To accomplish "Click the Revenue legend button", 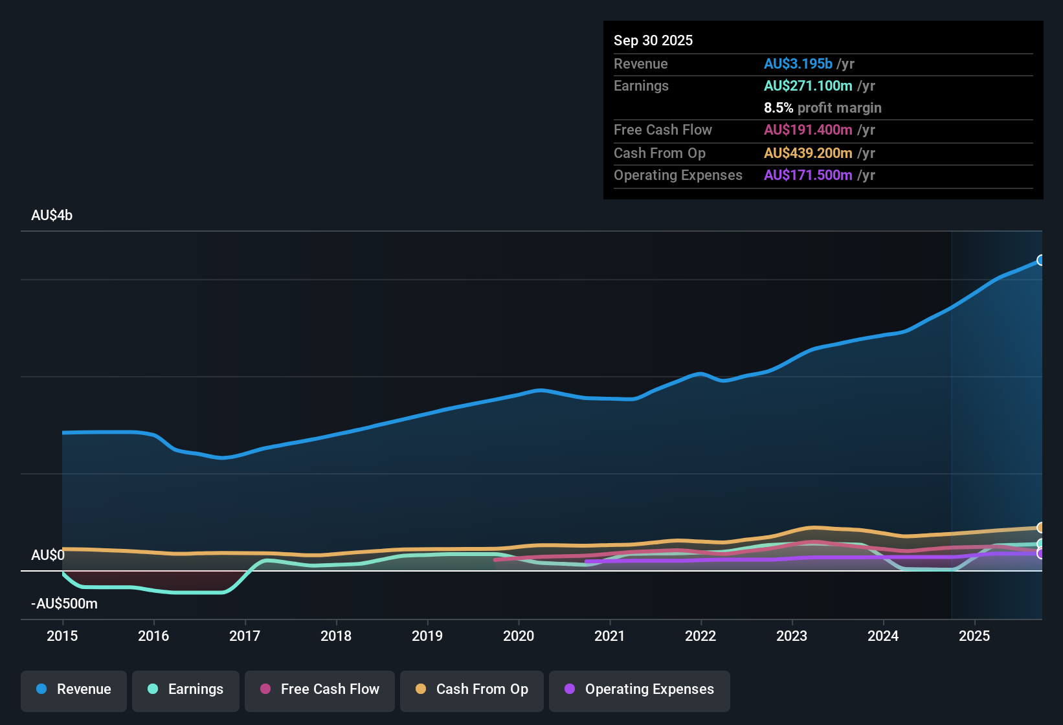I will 74,689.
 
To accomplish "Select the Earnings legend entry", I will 186,689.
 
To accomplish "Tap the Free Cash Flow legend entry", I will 320,689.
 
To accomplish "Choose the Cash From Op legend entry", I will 472,689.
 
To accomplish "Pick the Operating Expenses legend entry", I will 640,689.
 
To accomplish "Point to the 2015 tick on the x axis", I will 62,636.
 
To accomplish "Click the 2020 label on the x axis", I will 519,636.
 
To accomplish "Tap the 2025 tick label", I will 974,636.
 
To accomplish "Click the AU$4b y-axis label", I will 52,216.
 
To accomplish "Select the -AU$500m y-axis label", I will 64,604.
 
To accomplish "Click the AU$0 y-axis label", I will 48,555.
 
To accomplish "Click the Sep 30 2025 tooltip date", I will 653,40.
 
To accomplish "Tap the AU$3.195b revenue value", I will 798,63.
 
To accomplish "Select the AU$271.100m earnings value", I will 808,85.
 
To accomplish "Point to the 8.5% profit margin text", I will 822,108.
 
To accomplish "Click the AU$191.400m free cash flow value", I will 808,129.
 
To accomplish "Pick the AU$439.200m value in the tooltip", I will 808,153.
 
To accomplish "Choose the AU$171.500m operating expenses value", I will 808,175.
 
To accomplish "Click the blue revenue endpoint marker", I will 1040,260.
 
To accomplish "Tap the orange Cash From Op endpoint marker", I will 1040,528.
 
